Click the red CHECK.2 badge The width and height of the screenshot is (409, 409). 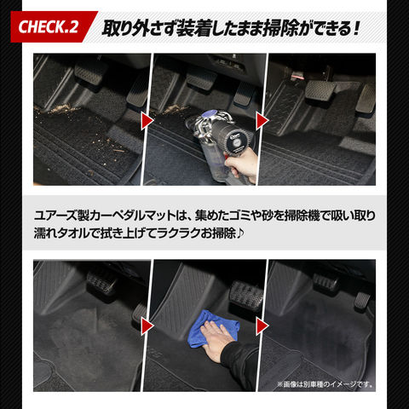[53, 26]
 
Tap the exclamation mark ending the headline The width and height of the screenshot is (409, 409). [356, 29]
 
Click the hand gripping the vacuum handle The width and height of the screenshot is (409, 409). [241, 164]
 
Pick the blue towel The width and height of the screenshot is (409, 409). [214, 328]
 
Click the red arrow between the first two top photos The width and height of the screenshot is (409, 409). [147, 121]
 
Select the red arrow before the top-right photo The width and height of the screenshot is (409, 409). [262, 121]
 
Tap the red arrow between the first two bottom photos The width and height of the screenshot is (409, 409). [147, 326]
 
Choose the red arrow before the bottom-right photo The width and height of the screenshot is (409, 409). [262, 326]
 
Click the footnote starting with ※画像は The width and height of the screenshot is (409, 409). [325, 384]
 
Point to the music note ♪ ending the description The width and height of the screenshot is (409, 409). [240, 233]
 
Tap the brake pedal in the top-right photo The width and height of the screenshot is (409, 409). [320, 90]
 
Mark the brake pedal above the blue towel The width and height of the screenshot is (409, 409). [246, 296]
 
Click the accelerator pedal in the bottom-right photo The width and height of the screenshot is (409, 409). [362, 302]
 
